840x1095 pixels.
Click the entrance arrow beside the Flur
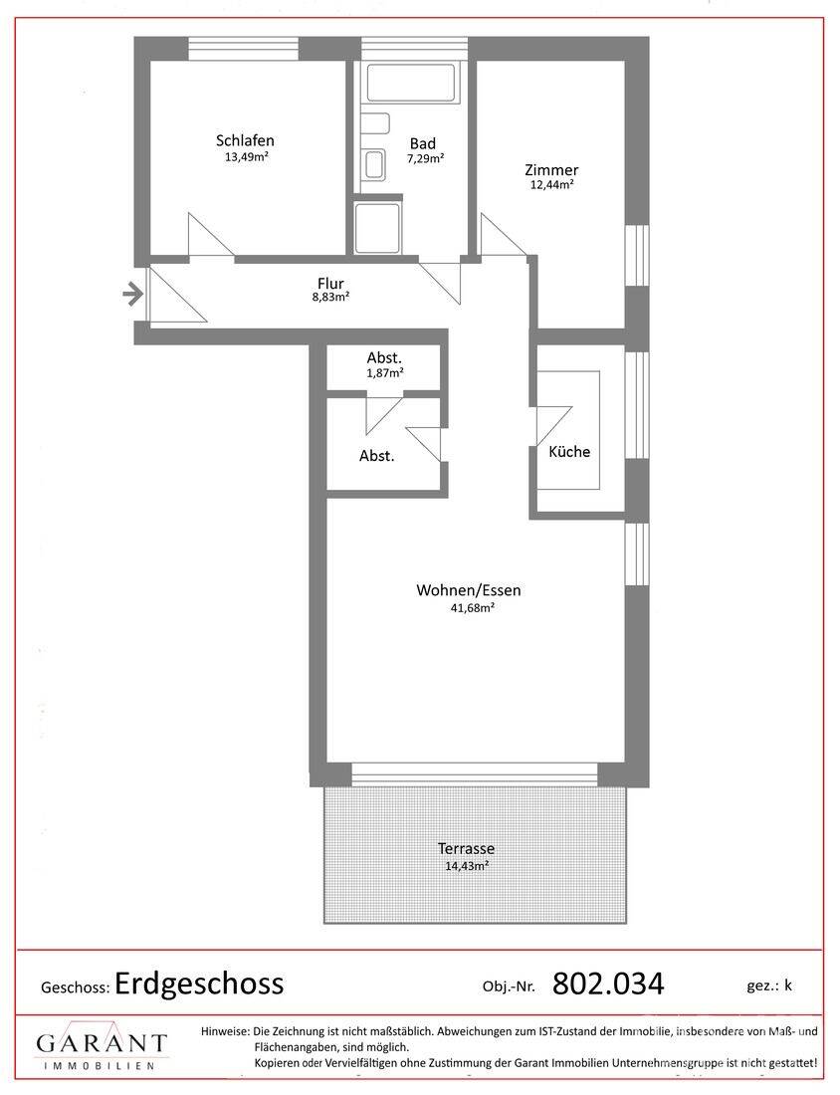click(130, 295)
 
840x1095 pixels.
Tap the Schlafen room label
click(245, 140)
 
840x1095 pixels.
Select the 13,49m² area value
click(247, 157)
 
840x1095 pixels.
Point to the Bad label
click(422, 143)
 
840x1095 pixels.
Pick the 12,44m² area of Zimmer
click(551, 185)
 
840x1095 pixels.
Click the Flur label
click(330, 284)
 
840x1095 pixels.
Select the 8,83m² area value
click(330, 297)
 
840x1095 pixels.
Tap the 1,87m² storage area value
click(385, 373)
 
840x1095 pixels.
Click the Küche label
click(569, 452)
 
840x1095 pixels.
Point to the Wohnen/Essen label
click(469, 590)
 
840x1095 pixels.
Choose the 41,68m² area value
click(473, 607)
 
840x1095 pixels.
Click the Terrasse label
click(467, 849)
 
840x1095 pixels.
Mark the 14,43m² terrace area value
click(467, 867)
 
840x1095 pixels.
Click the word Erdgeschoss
click(199, 984)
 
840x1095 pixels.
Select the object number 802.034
click(608, 984)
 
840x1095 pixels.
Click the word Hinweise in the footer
click(224, 1031)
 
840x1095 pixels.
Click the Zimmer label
click(551, 170)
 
